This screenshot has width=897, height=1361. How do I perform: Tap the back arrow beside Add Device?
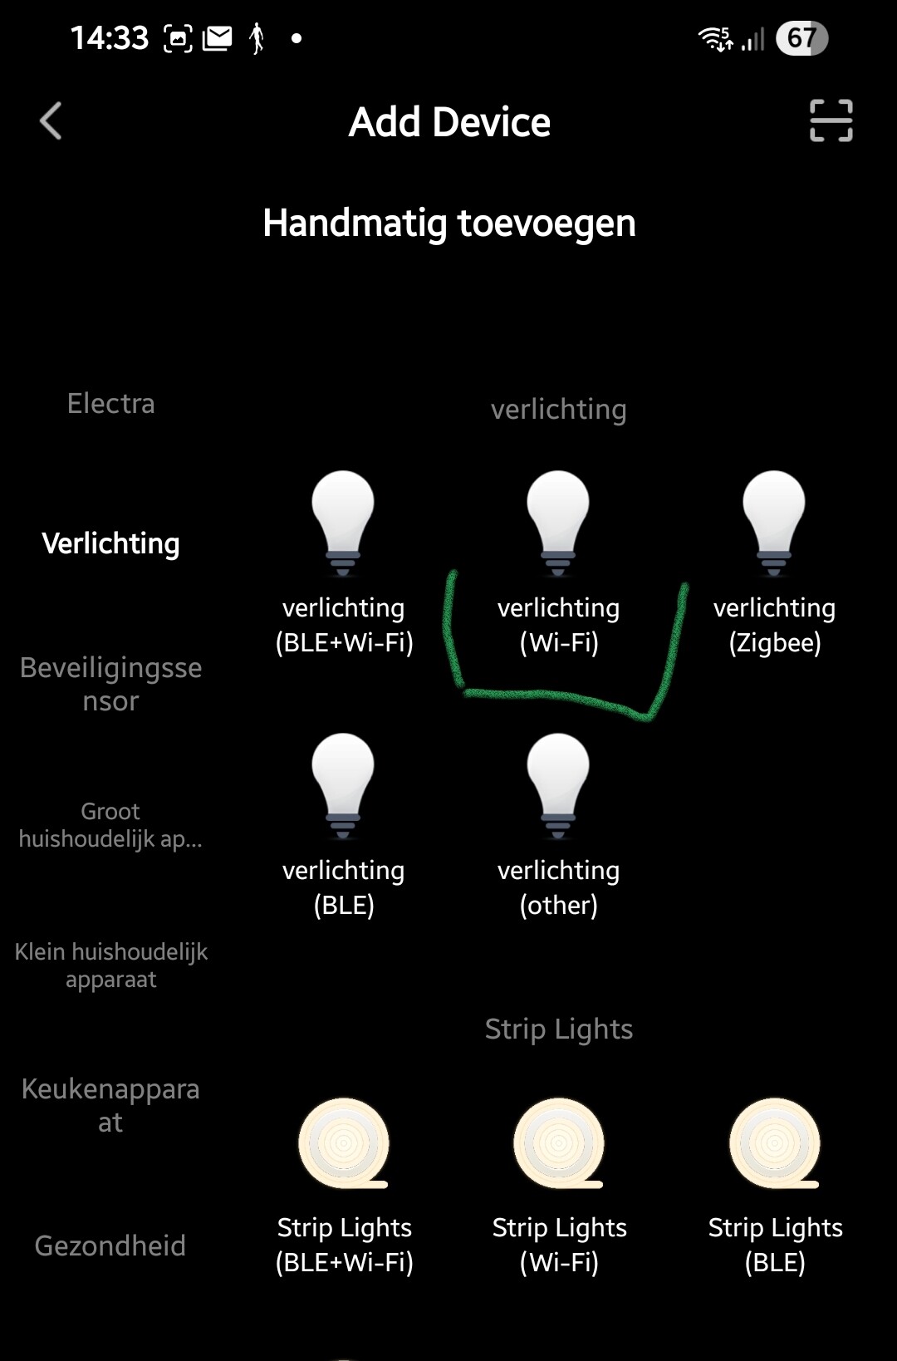tap(51, 121)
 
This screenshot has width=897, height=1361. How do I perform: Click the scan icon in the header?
tap(831, 121)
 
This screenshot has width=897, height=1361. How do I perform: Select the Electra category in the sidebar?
tap(110, 404)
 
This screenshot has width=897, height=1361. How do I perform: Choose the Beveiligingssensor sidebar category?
tap(110, 684)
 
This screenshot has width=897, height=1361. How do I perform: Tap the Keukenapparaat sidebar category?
tap(110, 1105)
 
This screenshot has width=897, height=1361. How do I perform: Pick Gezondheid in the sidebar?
tap(110, 1246)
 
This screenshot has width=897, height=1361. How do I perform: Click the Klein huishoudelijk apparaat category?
tap(110, 965)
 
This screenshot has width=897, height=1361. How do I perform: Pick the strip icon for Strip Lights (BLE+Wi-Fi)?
tap(343, 1143)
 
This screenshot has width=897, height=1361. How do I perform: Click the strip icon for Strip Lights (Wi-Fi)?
tap(558, 1143)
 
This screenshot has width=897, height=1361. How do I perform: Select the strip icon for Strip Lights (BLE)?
tap(774, 1143)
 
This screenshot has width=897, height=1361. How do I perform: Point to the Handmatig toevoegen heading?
tap(448, 223)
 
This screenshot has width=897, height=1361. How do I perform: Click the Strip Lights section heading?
tap(558, 1029)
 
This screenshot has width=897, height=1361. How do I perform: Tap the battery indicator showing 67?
tap(801, 38)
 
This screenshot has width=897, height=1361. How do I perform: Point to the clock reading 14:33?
tap(109, 38)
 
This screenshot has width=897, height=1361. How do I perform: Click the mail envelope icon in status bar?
tap(218, 38)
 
